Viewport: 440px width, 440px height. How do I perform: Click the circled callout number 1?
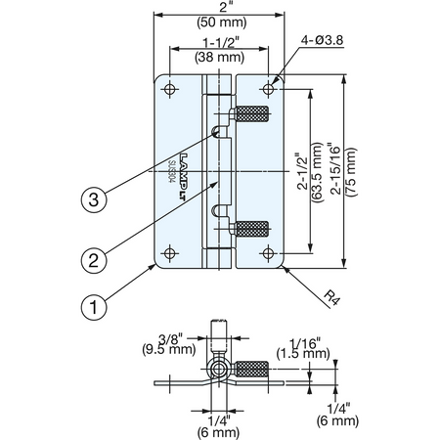[x=94, y=307]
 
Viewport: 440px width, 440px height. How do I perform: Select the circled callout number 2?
[x=94, y=260]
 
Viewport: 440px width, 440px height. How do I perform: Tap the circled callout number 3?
[x=94, y=199]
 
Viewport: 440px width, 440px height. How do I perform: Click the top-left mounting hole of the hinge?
[x=170, y=89]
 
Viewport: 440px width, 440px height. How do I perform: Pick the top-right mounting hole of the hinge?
[x=268, y=88]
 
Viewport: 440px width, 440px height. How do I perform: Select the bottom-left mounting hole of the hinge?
[x=170, y=253]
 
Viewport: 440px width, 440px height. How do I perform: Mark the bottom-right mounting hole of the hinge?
[x=268, y=253]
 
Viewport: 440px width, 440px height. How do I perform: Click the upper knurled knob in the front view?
[x=252, y=113]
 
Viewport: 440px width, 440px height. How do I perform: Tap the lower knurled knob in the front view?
[x=252, y=229]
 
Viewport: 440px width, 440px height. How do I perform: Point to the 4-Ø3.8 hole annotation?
[x=322, y=40]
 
